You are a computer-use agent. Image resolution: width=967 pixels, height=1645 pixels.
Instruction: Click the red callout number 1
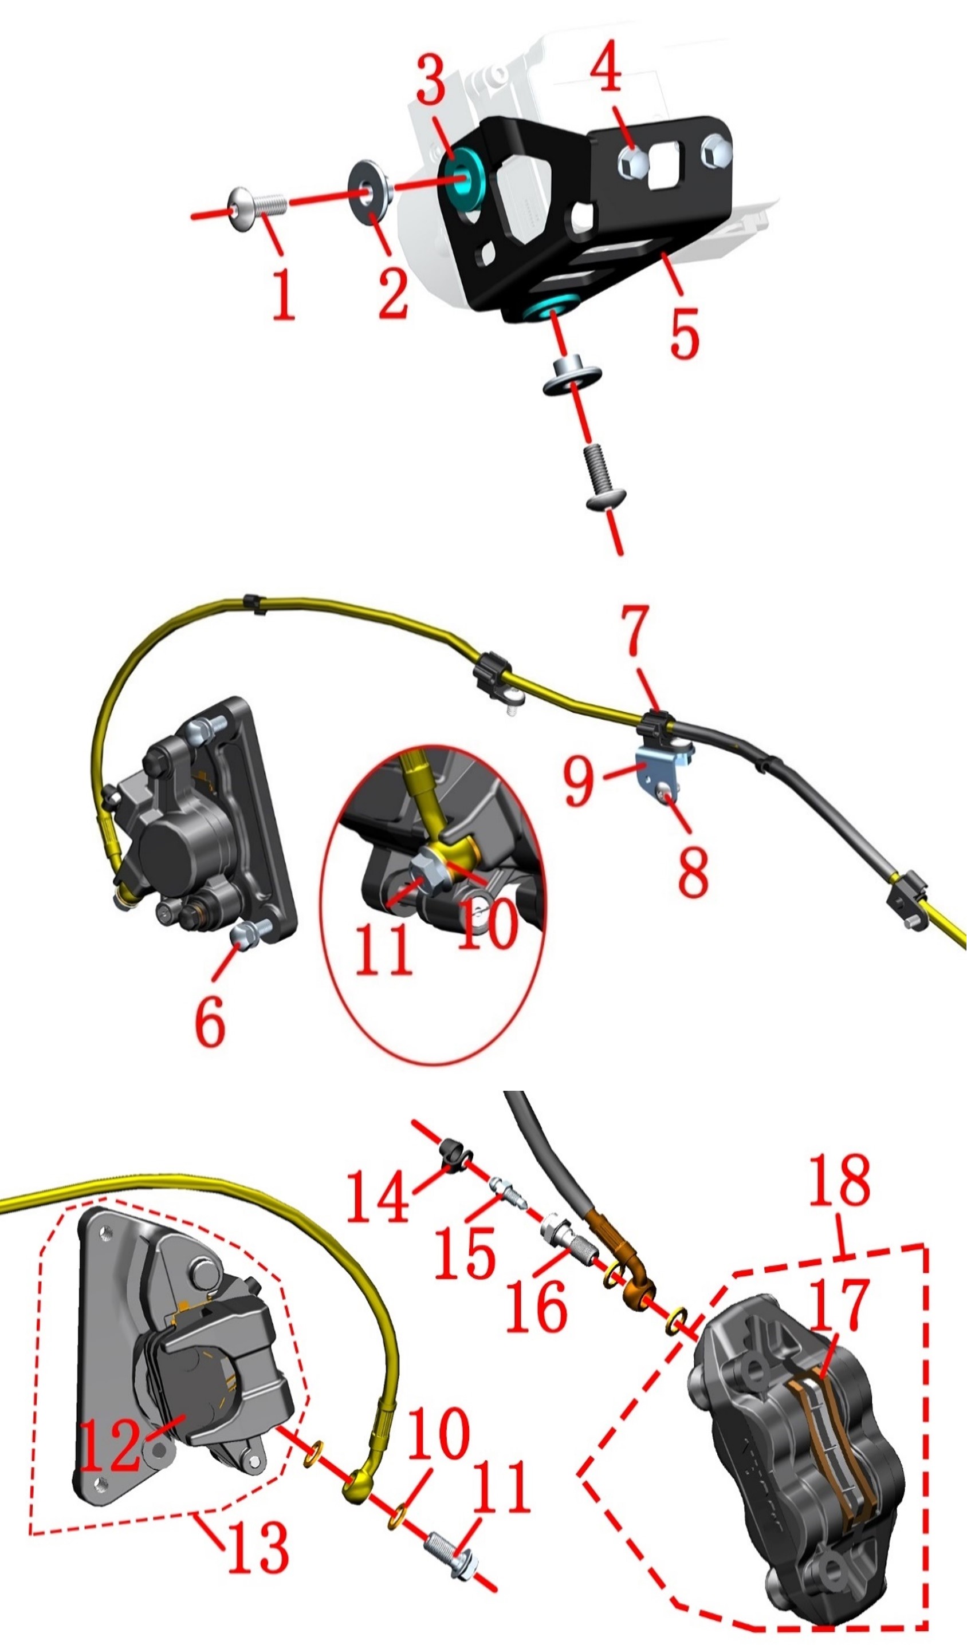coord(284,295)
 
